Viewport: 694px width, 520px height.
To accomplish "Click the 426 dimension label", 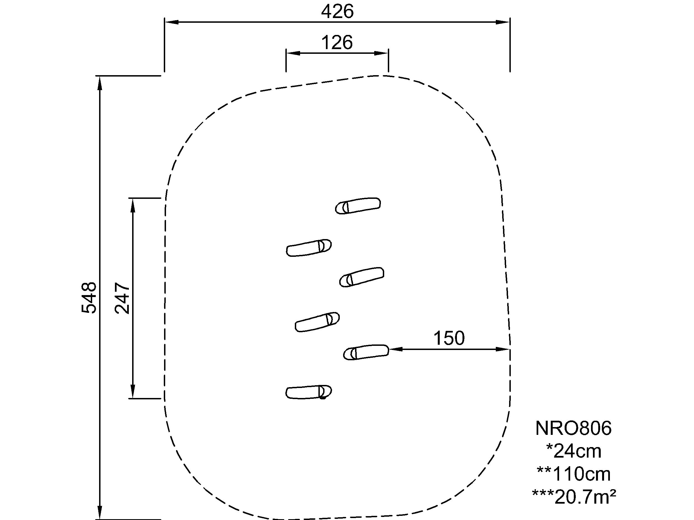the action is (337, 12).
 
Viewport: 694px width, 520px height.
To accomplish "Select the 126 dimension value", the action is (337, 42).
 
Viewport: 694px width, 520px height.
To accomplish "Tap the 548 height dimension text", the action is (89, 298).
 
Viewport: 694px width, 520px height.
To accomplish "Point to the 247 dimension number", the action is (122, 298).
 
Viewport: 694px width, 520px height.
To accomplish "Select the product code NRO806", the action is (574, 428).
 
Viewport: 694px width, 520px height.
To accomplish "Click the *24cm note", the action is (574, 451).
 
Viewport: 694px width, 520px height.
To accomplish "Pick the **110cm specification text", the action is (574, 474).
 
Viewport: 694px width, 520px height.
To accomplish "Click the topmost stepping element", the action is (358, 206).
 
